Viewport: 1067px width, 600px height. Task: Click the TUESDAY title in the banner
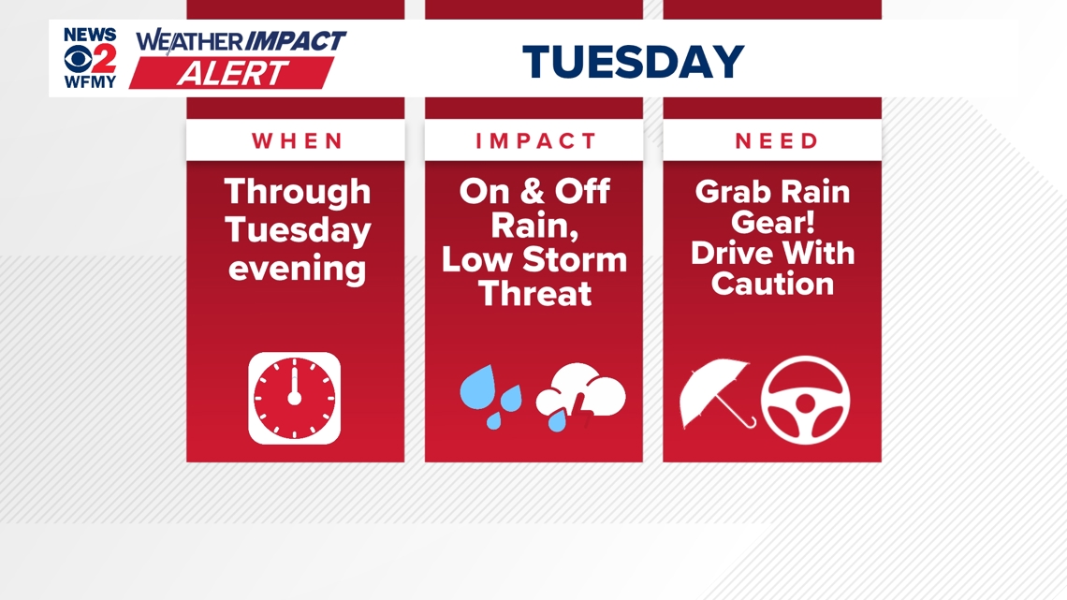[633, 61]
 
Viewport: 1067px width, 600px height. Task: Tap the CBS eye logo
[78, 59]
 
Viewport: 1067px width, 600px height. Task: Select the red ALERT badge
[232, 73]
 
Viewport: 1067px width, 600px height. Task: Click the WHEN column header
[297, 140]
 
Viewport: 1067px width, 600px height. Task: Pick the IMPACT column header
[535, 140]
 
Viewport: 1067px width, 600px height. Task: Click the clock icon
[295, 398]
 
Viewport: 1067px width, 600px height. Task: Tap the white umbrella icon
[717, 393]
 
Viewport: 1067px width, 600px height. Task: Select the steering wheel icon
[805, 400]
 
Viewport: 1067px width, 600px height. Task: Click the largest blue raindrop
[477, 388]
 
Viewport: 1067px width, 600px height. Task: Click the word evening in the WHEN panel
[298, 269]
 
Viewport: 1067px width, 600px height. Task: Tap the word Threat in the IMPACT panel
[534, 294]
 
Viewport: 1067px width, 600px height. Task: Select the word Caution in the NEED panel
[772, 284]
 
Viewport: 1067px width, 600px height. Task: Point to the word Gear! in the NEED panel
[773, 223]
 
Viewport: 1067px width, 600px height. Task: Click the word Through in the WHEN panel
[298, 193]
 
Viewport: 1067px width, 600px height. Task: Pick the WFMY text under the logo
[90, 82]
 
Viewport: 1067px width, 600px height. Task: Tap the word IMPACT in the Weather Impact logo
[296, 41]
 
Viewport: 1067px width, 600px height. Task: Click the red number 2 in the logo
[105, 59]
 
